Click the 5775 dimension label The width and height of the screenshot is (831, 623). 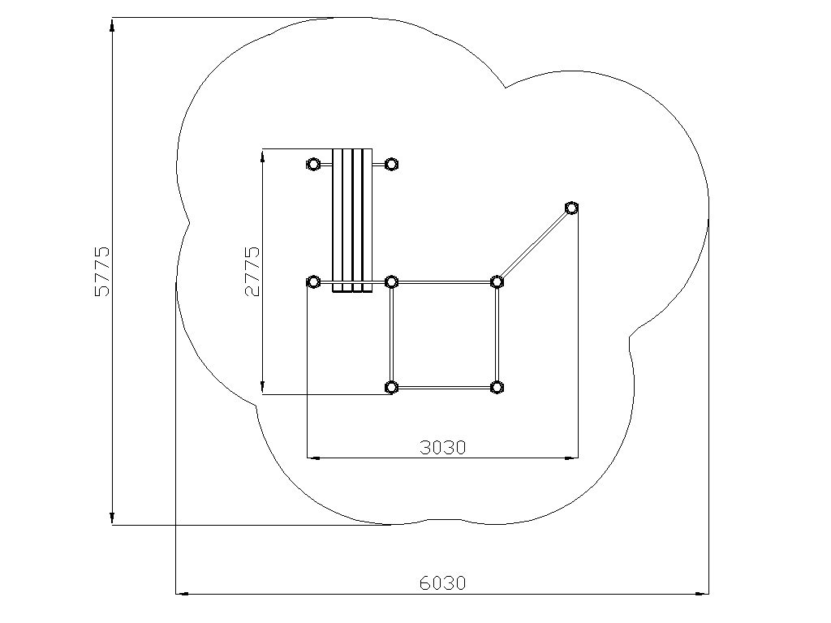(101, 271)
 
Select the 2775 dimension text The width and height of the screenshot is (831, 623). (252, 271)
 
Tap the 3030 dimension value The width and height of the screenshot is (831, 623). (442, 448)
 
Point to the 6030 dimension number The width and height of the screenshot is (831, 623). (442, 583)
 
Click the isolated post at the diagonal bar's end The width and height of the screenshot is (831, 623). (571, 208)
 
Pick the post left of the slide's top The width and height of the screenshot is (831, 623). (313, 164)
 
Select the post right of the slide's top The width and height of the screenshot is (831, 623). (391, 164)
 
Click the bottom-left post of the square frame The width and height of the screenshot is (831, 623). (391, 388)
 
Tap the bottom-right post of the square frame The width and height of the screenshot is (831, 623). (497, 388)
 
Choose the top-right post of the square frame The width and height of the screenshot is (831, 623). (497, 281)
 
